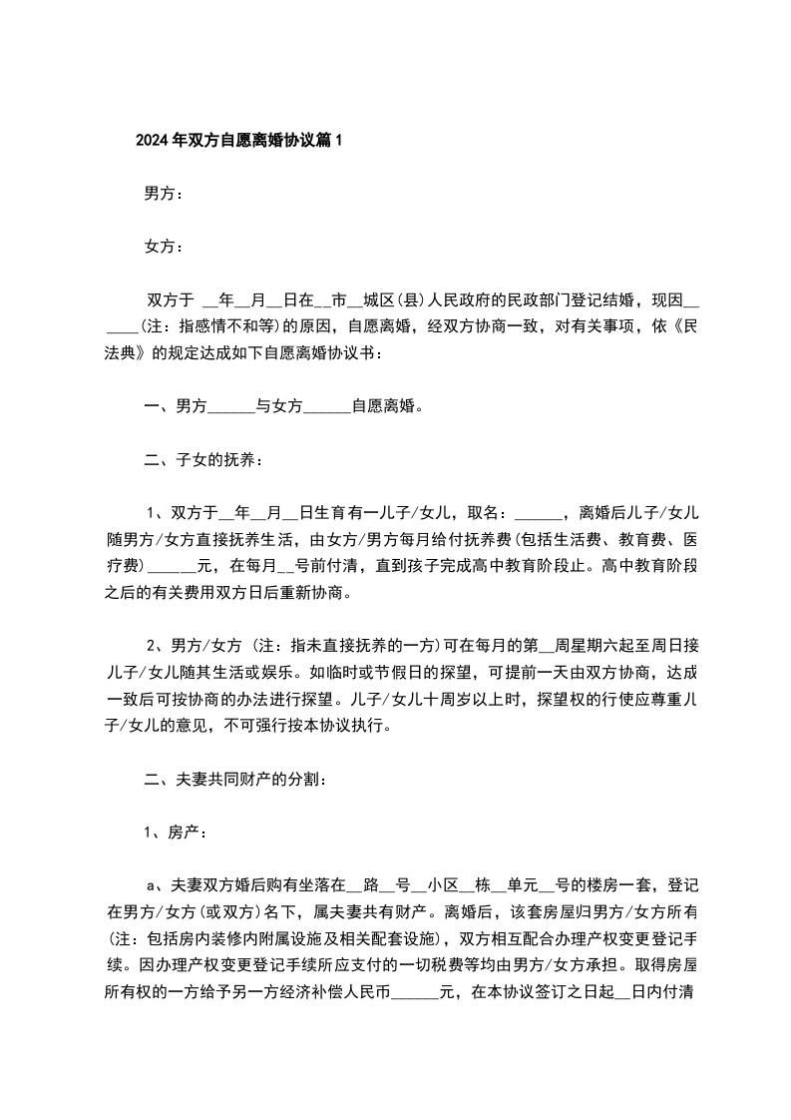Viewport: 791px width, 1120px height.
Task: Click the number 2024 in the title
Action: pyautogui.click(x=153, y=141)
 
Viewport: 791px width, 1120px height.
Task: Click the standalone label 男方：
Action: pyautogui.click(x=164, y=194)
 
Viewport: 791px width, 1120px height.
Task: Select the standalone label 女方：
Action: pyautogui.click(x=164, y=247)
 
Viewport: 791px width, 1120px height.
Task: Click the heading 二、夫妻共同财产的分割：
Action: pyautogui.click(x=232, y=779)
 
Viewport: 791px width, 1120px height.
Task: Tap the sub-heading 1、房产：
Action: pyautogui.click(x=176, y=832)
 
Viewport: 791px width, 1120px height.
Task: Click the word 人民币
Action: pyautogui.click(x=369, y=991)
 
